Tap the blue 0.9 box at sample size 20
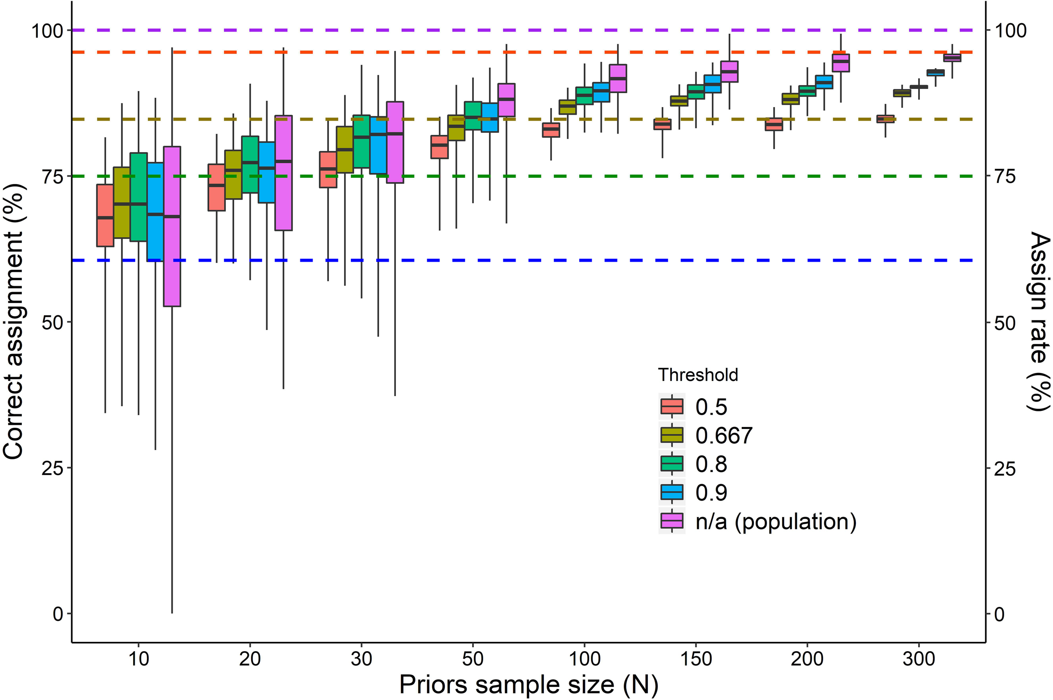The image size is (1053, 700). [267, 172]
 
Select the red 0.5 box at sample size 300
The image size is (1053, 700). [885, 119]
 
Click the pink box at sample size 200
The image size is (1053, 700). [841, 63]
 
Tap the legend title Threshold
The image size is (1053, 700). [698, 375]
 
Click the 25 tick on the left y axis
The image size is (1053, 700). [53, 468]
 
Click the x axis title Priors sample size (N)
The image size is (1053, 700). [528, 684]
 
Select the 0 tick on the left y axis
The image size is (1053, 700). [58, 614]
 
